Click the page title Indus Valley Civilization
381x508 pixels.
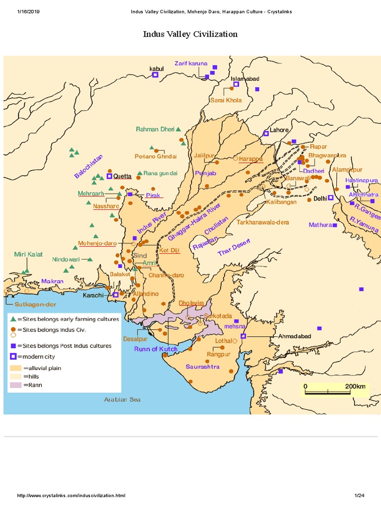[x=190, y=34]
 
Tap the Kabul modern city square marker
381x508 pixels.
[x=155, y=75]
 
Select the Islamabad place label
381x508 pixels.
[x=245, y=79]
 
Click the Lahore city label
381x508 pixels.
[x=279, y=130]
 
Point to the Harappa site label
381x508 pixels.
[x=251, y=159]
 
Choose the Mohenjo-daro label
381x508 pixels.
[x=97, y=244]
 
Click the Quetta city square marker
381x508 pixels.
[x=109, y=176]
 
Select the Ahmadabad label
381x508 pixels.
[x=295, y=336]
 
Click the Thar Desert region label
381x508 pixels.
[x=235, y=247]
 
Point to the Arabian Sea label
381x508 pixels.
[x=122, y=399]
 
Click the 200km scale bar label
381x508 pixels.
[x=355, y=386]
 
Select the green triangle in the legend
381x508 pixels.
[x=13, y=319]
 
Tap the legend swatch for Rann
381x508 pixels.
[x=15, y=385]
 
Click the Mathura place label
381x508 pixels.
[x=319, y=225]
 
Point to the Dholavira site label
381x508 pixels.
[x=191, y=303]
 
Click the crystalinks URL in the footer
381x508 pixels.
[x=71, y=496]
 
